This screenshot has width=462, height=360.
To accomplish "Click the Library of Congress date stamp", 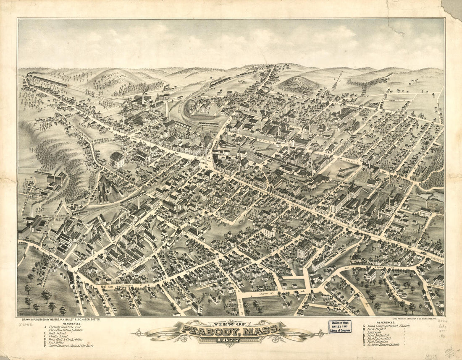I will click(340, 326).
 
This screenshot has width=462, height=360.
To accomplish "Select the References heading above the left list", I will click(73, 323).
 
